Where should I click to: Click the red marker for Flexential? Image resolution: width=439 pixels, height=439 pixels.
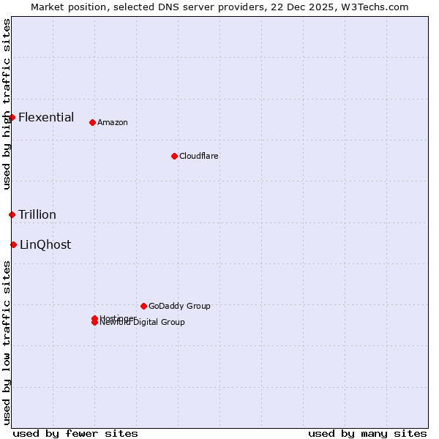[x=12, y=117]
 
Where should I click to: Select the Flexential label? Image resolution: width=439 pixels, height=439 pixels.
[x=46, y=117]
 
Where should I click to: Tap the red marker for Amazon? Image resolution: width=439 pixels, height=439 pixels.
[x=92, y=122]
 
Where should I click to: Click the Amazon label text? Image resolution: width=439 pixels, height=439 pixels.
[x=112, y=122]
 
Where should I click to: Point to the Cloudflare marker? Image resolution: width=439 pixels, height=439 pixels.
[x=174, y=156]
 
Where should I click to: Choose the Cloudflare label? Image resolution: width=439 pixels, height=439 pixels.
[x=198, y=156]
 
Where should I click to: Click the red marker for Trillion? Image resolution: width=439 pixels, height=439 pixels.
[x=12, y=214]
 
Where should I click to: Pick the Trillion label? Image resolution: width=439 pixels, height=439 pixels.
[x=37, y=214]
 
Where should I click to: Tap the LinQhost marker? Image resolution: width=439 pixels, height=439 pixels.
[x=13, y=244]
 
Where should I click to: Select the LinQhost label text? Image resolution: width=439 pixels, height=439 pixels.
[x=45, y=244]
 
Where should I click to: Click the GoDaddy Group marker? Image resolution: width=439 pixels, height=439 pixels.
[x=143, y=306]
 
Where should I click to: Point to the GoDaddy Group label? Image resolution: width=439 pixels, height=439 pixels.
[x=179, y=306]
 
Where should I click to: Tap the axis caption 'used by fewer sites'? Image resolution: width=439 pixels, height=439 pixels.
[x=75, y=433]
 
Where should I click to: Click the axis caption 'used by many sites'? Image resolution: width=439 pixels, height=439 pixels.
[x=367, y=433]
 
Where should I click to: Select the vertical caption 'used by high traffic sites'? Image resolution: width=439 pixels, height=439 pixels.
[x=7, y=105]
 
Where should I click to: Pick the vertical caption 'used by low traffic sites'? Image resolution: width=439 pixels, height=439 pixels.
[x=7, y=342]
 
